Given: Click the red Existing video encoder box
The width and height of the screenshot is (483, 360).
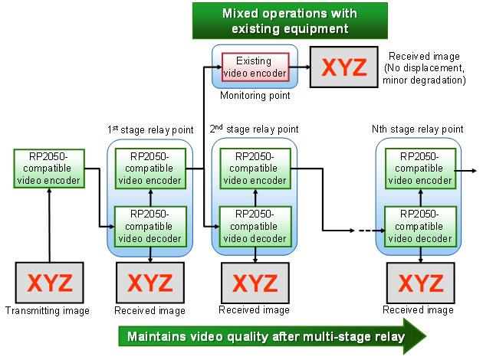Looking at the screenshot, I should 255,67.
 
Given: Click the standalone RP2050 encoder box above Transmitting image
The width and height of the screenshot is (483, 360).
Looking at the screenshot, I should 48,169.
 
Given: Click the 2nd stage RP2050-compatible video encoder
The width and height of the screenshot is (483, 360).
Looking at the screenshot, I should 255,169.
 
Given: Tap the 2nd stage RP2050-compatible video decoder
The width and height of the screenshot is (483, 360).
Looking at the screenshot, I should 255,226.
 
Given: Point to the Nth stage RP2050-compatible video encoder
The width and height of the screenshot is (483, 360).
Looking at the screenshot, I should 418,169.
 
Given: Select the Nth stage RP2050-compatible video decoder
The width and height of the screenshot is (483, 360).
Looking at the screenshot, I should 418,226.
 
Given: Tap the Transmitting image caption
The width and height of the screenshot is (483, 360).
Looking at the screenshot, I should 48,311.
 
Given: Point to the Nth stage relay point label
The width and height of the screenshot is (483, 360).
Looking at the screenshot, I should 418,129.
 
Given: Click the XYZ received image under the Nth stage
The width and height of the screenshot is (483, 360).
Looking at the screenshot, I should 418,283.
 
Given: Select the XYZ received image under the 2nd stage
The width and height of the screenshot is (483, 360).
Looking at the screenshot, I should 254,283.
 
